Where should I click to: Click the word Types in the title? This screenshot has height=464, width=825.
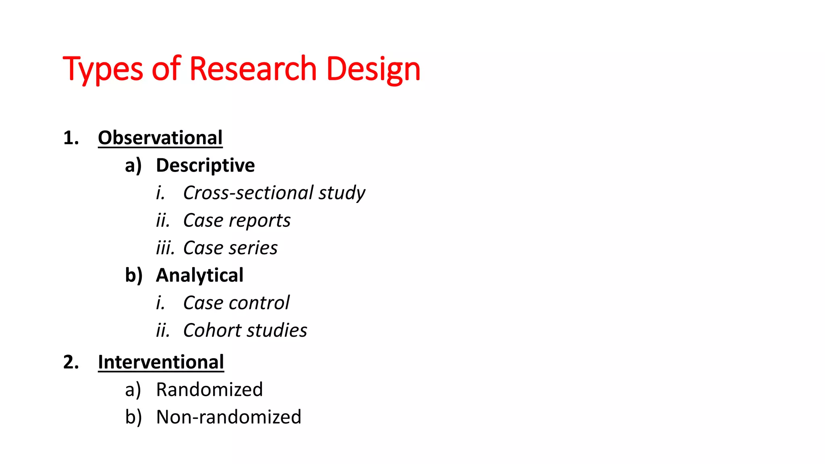[x=103, y=69]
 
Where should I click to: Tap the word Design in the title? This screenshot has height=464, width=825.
[x=373, y=69]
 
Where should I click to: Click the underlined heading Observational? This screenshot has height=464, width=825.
[x=160, y=138]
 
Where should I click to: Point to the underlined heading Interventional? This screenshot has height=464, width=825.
[x=161, y=362]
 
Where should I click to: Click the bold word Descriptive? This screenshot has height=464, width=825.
[x=205, y=166]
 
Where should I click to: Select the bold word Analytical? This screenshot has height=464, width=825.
[x=200, y=275]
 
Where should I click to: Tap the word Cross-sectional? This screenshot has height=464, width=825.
[x=248, y=193]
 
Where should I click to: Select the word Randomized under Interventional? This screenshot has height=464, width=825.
[x=209, y=389]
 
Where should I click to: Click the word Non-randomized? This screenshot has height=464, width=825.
[x=228, y=417]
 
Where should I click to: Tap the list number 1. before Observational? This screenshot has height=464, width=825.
[x=71, y=138]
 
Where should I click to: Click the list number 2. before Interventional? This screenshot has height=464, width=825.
[x=71, y=362]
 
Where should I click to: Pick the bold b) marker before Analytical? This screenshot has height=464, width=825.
[x=134, y=276]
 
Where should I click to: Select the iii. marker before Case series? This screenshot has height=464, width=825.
[x=165, y=248]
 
